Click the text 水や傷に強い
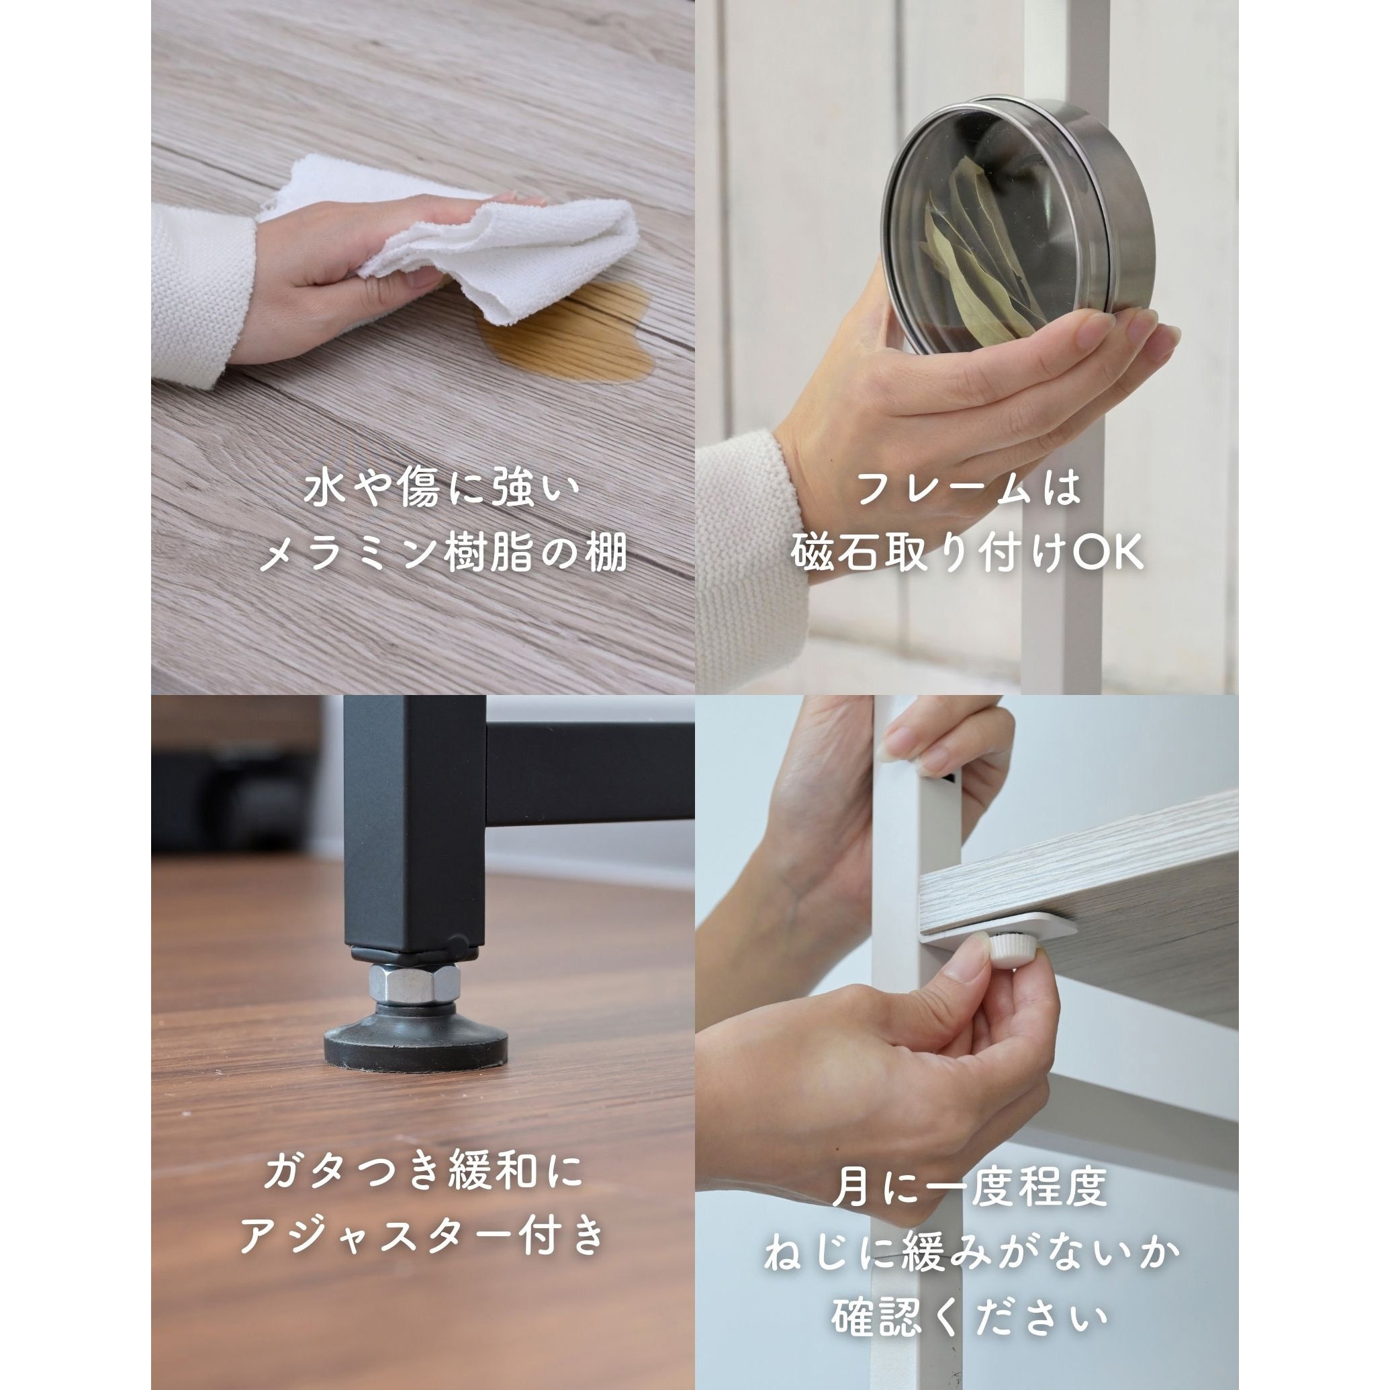point(442,491)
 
